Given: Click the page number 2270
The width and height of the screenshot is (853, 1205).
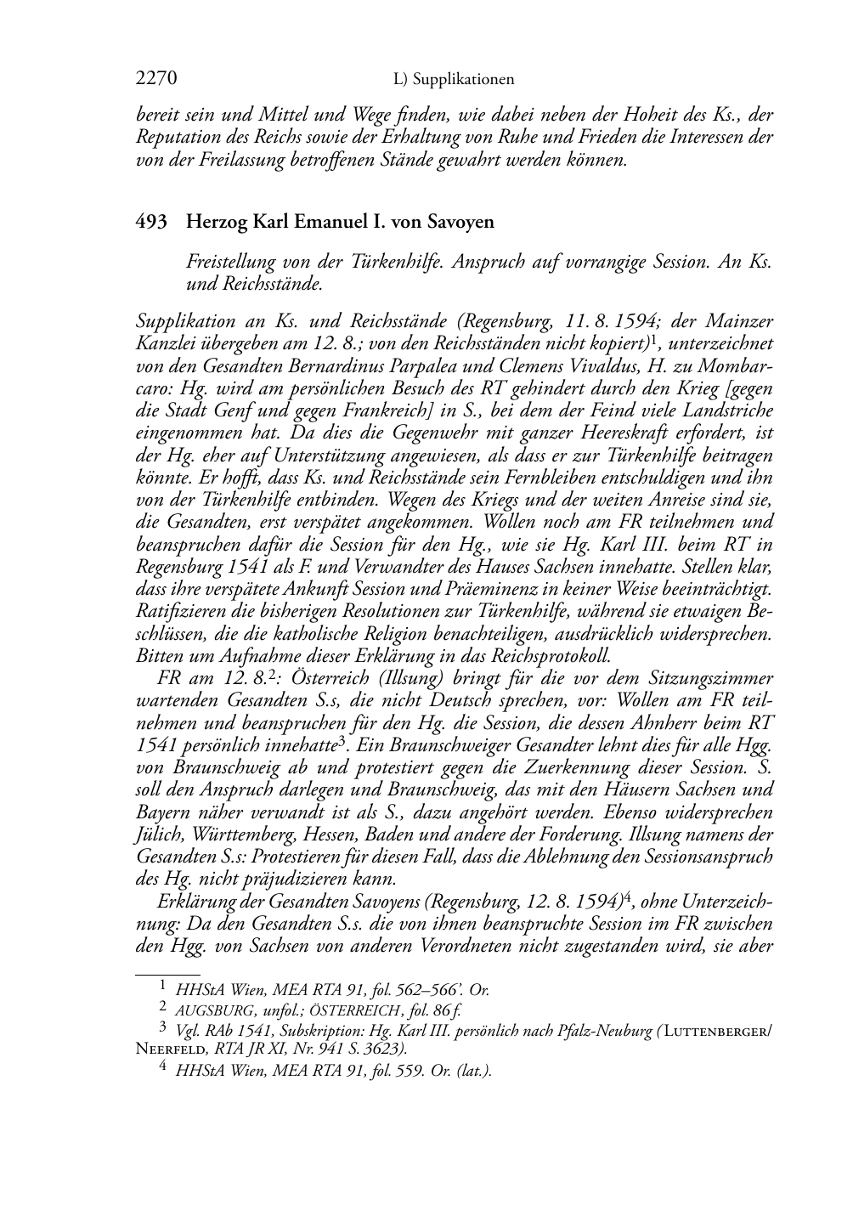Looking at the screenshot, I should coord(156,79).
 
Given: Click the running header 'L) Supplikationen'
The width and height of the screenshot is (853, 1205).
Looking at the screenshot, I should coord(455,80).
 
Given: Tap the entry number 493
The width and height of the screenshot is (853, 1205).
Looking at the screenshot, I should coord(150,223).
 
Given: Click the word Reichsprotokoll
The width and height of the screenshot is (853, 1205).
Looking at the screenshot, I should coord(538,655).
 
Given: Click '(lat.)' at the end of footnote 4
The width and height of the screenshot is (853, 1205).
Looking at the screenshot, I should coord(475,1071).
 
